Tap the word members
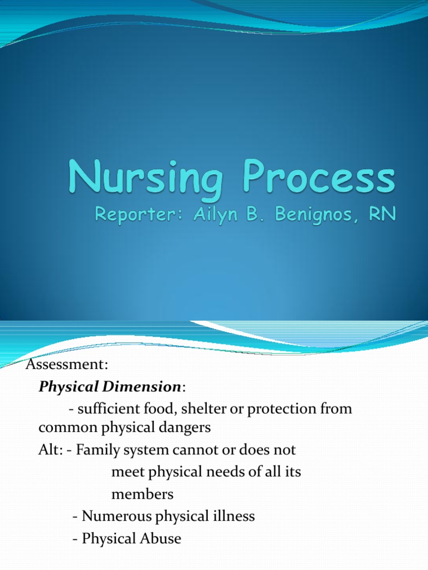[142, 494]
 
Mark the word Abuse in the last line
[160, 539]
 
